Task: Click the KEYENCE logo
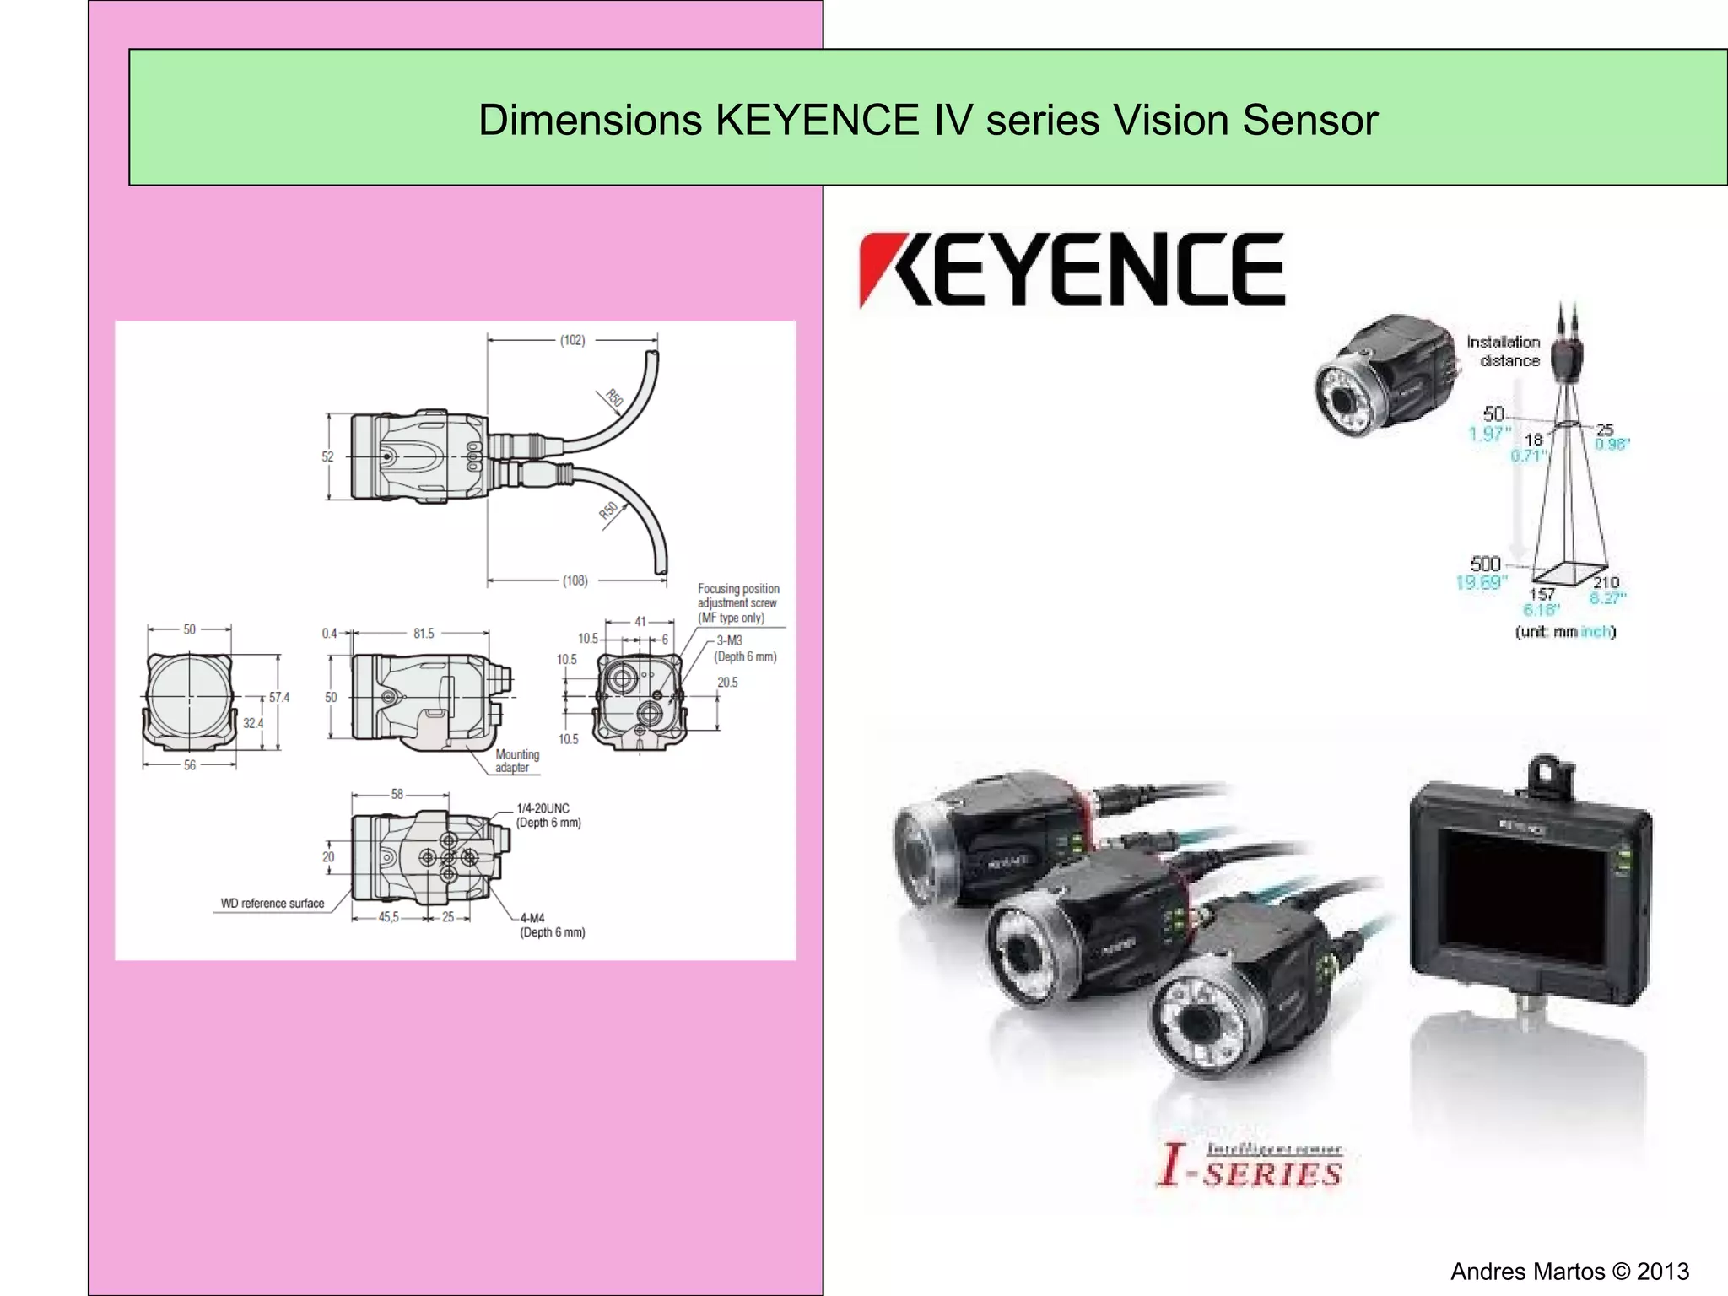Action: tap(1072, 270)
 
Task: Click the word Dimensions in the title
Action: tap(590, 120)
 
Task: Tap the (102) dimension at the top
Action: tap(573, 340)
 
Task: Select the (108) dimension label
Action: tap(575, 580)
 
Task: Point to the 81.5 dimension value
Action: tap(424, 633)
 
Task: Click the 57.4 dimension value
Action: tap(279, 697)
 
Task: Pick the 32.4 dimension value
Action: tap(252, 723)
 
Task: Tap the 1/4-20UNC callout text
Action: tap(543, 808)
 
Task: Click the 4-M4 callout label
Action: tap(532, 918)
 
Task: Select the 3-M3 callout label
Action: tap(729, 640)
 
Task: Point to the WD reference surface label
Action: tap(273, 904)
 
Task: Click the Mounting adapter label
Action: tap(516, 761)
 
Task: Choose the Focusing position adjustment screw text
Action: tap(737, 602)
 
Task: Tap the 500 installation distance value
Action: tap(1486, 564)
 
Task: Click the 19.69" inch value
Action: tap(1482, 582)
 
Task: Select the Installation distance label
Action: tap(1503, 351)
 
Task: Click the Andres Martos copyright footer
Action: tap(1569, 1272)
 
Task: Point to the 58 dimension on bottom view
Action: tap(397, 794)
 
